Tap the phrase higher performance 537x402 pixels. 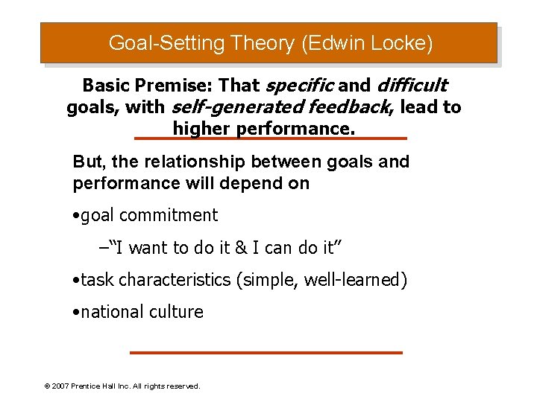click(x=265, y=129)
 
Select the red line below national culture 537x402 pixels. click(x=266, y=352)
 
